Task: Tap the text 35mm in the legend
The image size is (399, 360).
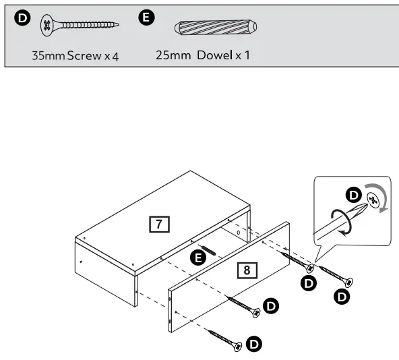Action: click(x=49, y=56)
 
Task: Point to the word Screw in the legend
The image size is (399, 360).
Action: click(x=84, y=56)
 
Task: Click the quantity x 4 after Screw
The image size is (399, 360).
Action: click(x=111, y=56)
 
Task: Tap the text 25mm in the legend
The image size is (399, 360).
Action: click(x=173, y=56)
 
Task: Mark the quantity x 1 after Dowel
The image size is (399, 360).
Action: click(x=242, y=56)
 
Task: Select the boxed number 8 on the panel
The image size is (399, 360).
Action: click(x=247, y=270)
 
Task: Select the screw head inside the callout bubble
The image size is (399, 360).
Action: click(x=371, y=198)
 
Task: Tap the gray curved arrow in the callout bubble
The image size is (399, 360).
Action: click(x=382, y=200)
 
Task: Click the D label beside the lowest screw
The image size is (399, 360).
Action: click(x=254, y=344)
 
